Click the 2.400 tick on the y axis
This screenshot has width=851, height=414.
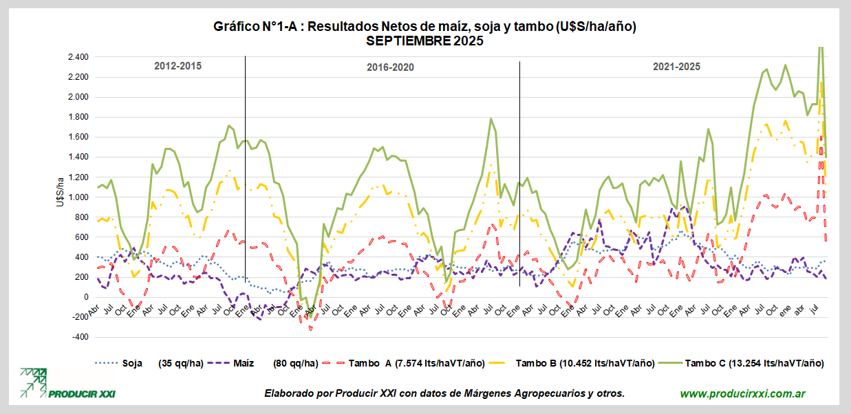click(78, 57)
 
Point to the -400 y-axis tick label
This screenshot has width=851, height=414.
click(80, 337)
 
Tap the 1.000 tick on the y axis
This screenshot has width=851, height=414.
click(78, 197)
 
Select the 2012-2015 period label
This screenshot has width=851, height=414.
click(177, 66)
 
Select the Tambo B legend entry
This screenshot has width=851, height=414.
click(583, 362)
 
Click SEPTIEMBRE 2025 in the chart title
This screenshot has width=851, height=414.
click(424, 41)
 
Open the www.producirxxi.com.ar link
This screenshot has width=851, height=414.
click(743, 393)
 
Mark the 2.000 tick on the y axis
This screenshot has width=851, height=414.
click(78, 97)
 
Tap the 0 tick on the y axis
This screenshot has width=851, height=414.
click(85, 297)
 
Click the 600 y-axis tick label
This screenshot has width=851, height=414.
click(81, 237)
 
